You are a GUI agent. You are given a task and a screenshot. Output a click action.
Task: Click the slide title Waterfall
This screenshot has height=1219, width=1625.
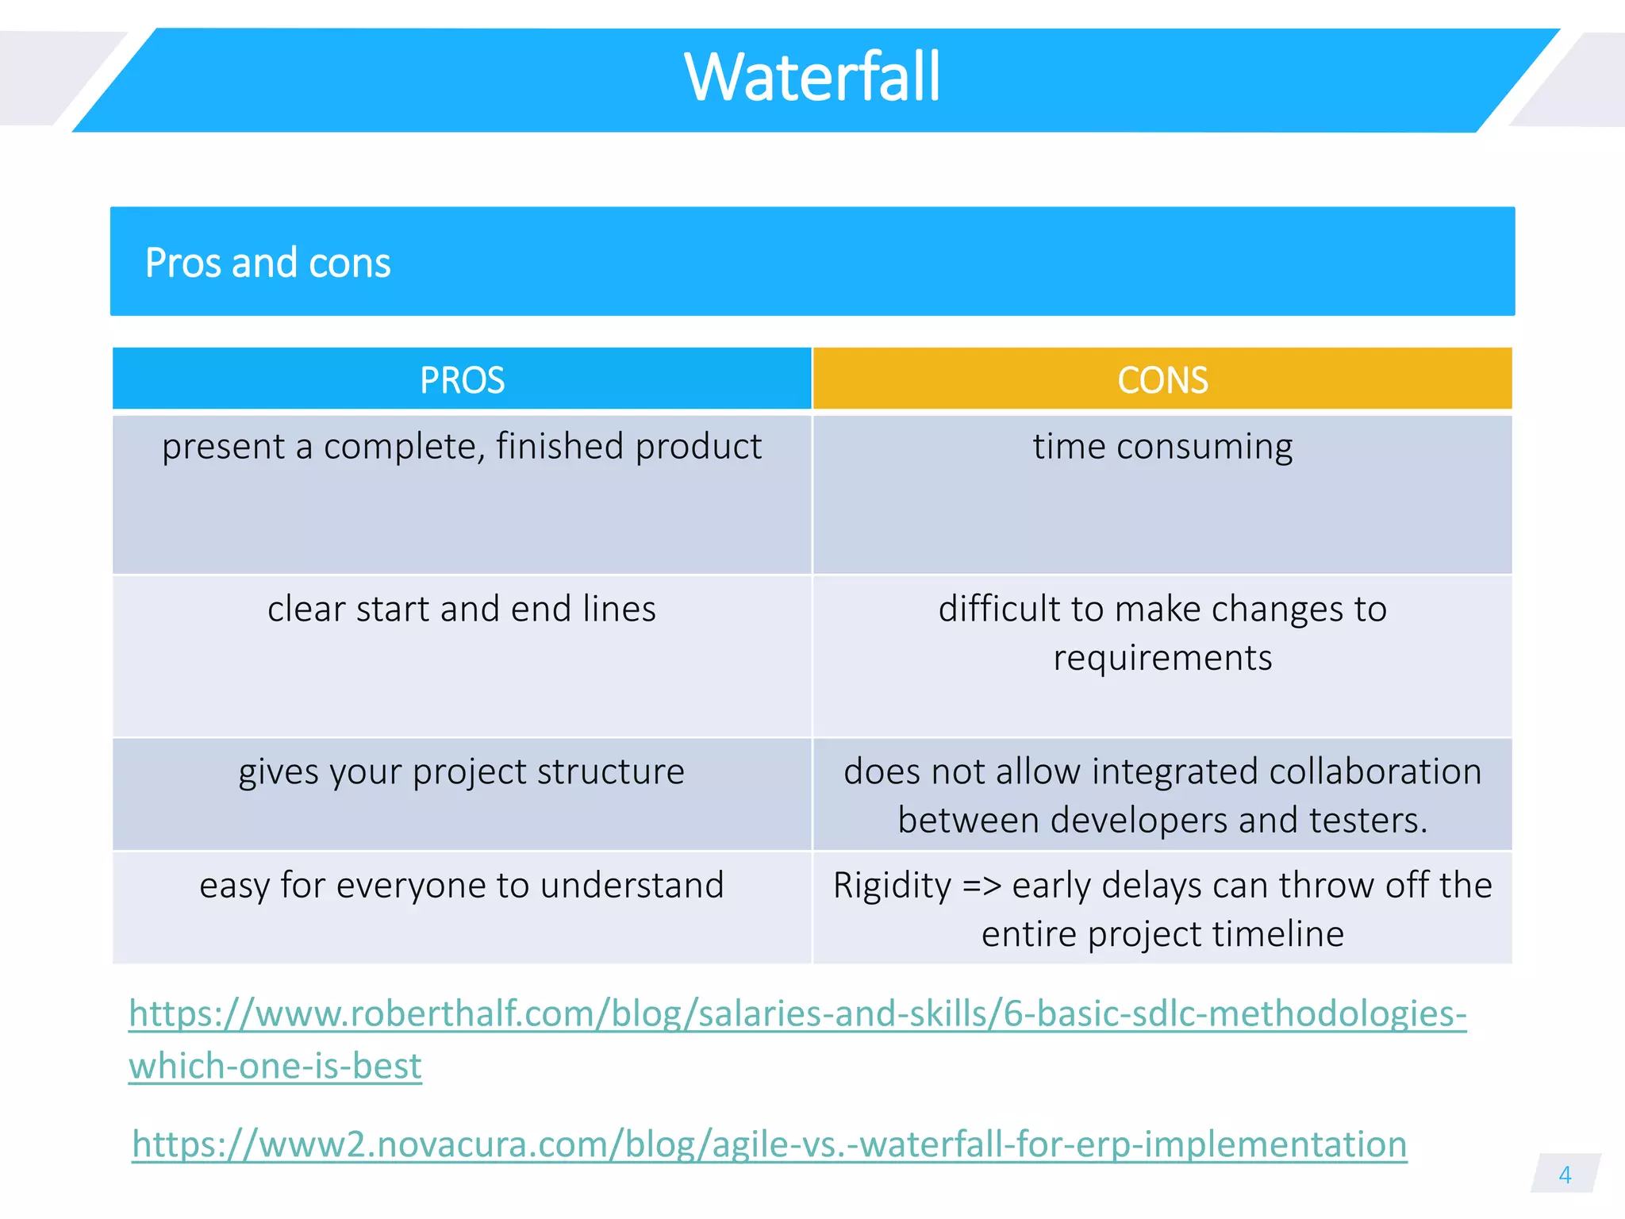(x=812, y=78)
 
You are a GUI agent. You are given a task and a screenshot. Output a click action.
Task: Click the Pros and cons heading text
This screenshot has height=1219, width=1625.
(x=267, y=263)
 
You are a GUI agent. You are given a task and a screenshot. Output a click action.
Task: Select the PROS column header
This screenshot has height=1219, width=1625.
(x=462, y=380)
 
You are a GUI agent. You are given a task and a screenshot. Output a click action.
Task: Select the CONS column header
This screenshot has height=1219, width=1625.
(x=1162, y=380)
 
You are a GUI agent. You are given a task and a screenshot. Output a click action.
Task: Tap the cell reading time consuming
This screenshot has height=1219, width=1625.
(x=1162, y=447)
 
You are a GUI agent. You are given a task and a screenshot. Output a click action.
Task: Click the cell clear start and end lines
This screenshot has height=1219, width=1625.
(x=462, y=609)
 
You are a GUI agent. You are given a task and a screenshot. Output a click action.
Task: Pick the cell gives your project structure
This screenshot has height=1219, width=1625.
(x=462, y=772)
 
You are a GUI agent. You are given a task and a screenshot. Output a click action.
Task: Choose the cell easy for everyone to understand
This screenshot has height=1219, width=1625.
(x=462, y=886)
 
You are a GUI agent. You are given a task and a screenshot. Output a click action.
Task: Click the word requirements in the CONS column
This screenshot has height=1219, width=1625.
(x=1162, y=658)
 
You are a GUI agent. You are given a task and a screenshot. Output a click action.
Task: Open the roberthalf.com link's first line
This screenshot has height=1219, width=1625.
(x=797, y=1014)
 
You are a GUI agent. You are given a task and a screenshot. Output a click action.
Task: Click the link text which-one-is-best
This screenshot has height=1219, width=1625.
(x=275, y=1066)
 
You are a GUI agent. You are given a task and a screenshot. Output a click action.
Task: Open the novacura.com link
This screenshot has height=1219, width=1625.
(x=770, y=1144)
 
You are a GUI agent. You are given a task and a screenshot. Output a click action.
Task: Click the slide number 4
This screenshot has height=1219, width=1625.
(x=1565, y=1175)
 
